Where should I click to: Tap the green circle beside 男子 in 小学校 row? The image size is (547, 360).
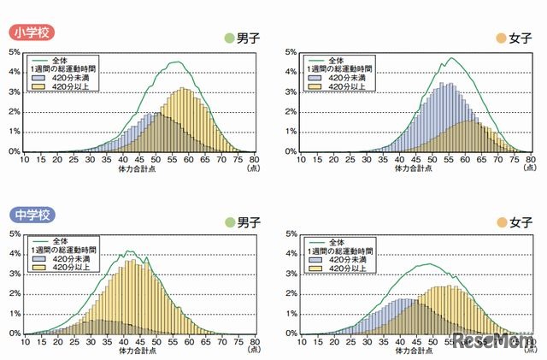click(x=228, y=38)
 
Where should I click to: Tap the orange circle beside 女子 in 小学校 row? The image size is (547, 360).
click(x=501, y=38)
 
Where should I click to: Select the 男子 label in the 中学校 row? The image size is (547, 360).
click(x=250, y=221)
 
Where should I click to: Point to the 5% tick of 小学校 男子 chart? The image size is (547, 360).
click(x=15, y=51)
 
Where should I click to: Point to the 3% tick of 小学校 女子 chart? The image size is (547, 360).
click(x=289, y=91)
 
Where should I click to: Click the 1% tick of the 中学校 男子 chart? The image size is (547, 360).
click(x=15, y=314)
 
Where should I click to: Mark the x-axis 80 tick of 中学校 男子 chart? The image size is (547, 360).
click(x=253, y=340)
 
